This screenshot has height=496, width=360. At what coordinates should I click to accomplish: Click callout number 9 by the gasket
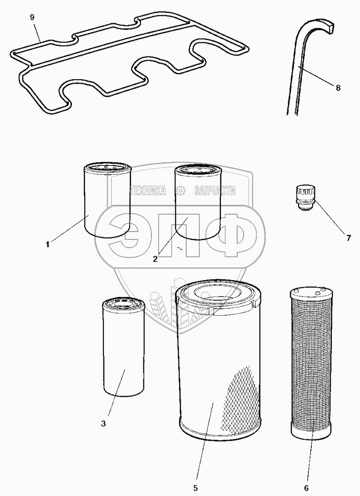tap(32, 17)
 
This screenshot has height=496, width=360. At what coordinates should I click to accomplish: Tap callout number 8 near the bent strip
tap(338, 88)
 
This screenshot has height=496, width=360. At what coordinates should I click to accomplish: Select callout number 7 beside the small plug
tap(348, 238)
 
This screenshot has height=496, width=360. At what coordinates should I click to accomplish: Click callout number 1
tap(48, 244)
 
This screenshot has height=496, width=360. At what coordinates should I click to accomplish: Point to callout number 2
tap(155, 259)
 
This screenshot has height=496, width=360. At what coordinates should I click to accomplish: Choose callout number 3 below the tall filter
tap(103, 423)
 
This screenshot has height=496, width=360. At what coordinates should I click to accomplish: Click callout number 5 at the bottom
tap(196, 488)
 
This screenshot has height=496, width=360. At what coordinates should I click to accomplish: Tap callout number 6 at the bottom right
tap(306, 488)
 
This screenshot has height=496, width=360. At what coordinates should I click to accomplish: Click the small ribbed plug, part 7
tap(305, 197)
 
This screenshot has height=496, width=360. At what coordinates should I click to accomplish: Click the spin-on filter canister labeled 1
tap(108, 200)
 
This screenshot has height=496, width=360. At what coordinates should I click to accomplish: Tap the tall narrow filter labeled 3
tap(123, 347)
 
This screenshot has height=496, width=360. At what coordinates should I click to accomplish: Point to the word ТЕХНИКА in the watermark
tap(148, 191)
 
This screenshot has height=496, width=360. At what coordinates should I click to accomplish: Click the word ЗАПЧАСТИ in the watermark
tap(214, 191)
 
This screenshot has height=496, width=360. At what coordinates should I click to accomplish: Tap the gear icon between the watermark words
tap(180, 191)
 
